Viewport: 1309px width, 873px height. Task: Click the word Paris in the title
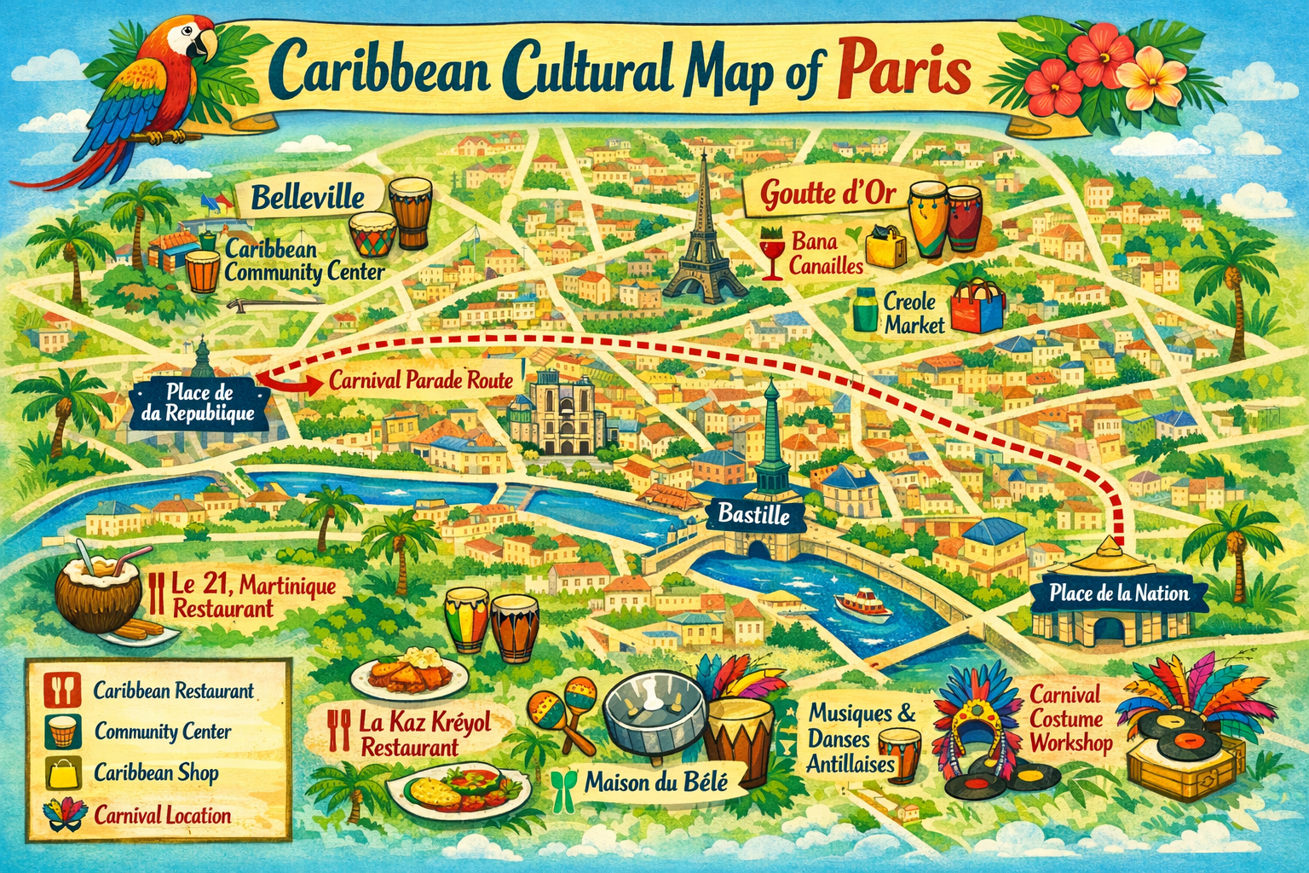pyautogui.click(x=905, y=72)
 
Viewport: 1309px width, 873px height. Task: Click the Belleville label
pyautogui.click(x=308, y=199)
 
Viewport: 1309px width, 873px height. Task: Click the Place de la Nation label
pyautogui.click(x=1118, y=593)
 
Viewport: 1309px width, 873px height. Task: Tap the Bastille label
pyautogui.click(x=753, y=514)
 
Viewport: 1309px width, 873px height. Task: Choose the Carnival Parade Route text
pyautogui.click(x=420, y=380)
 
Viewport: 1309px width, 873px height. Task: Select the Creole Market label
pyautogui.click(x=914, y=313)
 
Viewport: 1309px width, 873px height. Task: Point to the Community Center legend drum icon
pyautogui.click(x=64, y=731)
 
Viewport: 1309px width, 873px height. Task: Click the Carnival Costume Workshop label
pyautogui.click(x=1070, y=719)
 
